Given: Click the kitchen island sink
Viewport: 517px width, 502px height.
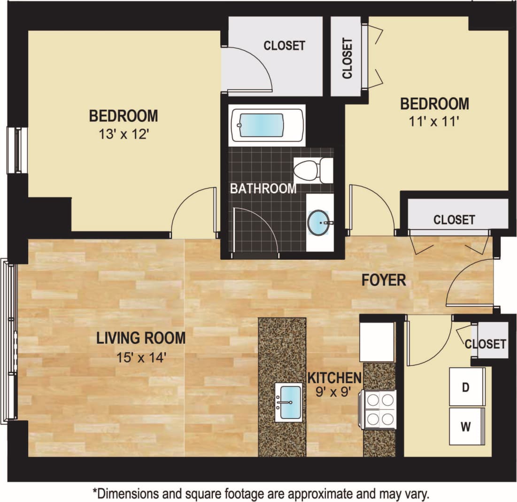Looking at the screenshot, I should [x=288, y=402].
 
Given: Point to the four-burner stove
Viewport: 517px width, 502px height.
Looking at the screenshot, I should [x=380, y=409].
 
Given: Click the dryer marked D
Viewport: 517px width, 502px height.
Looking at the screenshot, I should [x=467, y=387].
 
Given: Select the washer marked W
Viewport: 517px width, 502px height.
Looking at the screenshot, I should [x=467, y=426].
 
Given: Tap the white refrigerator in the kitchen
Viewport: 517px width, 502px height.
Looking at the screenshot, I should [x=377, y=341].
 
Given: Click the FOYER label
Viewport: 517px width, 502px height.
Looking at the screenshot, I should [x=383, y=280].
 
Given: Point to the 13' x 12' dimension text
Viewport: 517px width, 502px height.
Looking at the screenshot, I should [x=123, y=135].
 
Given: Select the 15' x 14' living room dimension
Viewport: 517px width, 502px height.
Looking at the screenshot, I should [x=141, y=357].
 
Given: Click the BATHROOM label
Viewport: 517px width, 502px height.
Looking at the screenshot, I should [x=263, y=189].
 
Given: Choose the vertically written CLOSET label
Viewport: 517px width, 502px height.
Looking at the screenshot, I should [x=347, y=58].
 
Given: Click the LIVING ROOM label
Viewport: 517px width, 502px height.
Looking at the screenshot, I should [x=141, y=338].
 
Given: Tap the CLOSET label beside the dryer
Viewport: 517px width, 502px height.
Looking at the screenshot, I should [x=486, y=344].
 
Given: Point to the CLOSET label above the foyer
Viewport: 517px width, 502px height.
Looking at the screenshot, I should [x=454, y=219].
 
